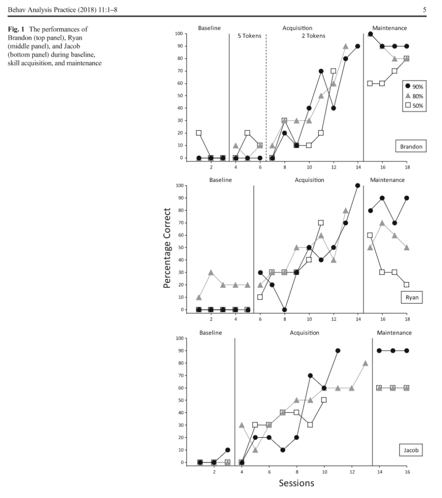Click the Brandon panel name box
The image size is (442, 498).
click(411, 146)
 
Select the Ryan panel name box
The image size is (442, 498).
click(412, 297)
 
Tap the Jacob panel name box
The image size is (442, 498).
click(411, 450)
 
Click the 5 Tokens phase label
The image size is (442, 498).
click(250, 36)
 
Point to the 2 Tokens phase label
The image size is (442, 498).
click(313, 36)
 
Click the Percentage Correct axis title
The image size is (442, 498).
click(167, 248)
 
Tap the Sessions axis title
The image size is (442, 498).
click(296, 483)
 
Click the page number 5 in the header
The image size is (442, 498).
click(424, 10)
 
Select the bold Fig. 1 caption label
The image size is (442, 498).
click(16, 29)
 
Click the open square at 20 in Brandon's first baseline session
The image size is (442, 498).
click(199, 133)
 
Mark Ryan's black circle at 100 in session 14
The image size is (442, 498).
click(358, 185)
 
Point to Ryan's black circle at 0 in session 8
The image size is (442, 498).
click(285, 310)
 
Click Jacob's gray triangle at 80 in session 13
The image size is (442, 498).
click(366, 363)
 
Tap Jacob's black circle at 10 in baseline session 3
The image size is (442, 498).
click(228, 450)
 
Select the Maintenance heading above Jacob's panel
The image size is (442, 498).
click(394, 333)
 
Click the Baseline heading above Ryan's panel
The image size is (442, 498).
click(221, 180)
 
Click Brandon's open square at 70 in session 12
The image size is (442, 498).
click(333, 71)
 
